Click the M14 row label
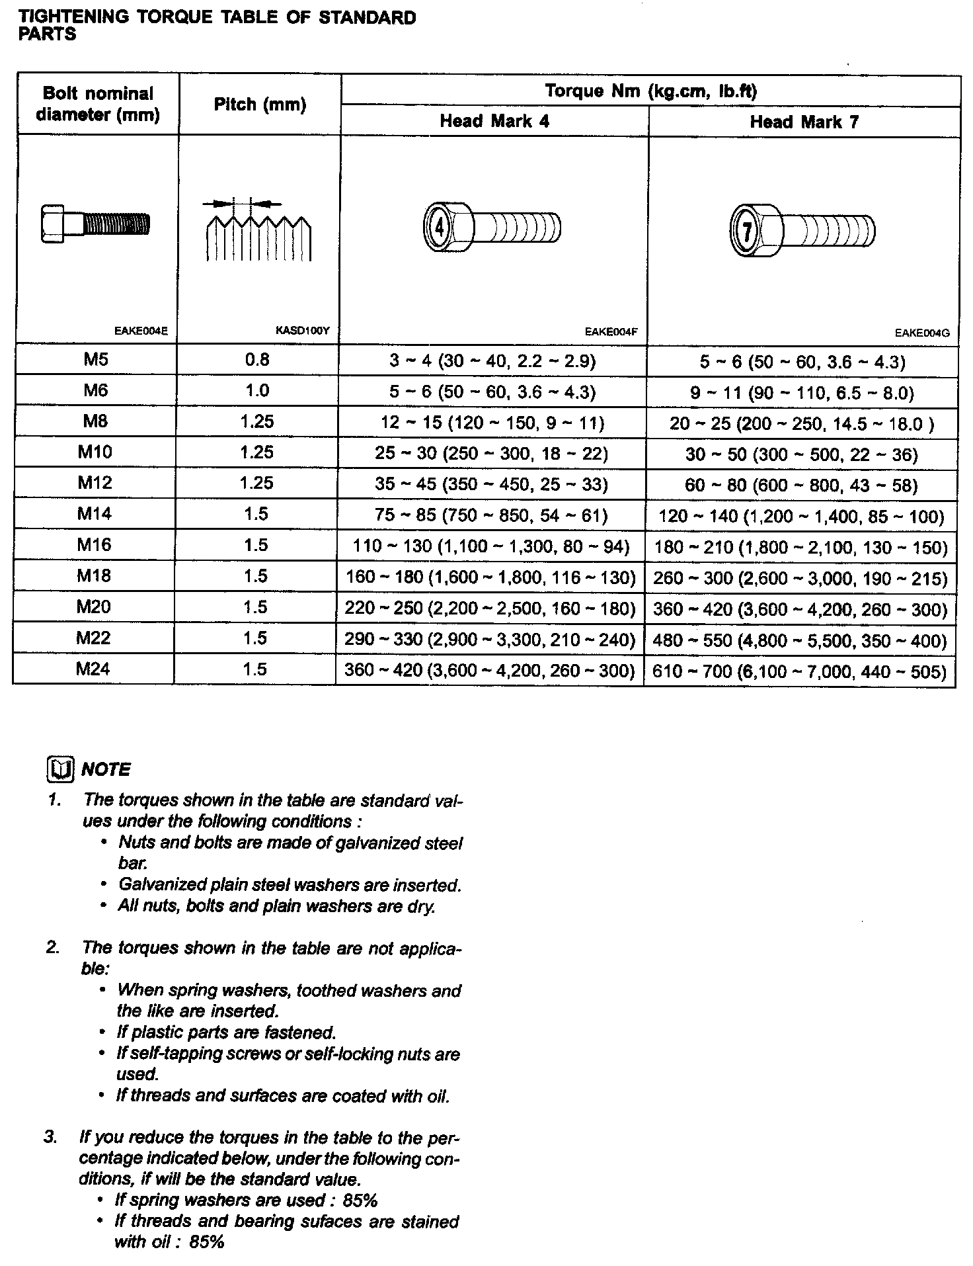pos(95,514)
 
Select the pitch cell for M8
pos(257,421)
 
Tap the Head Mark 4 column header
pos(494,121)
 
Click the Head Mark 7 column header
pos(804,122)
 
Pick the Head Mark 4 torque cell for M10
pos(491,453)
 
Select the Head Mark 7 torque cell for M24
pos(800,671)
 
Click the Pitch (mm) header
pos(260,105)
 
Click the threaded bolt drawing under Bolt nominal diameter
pos(95,224)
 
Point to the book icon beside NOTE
pos(61,769)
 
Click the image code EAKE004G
pos(922,333)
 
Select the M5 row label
pos(95,359)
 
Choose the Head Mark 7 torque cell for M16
pos(800,547)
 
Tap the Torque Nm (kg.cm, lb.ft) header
pos(650,91)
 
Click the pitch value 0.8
pos(257,359)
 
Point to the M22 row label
pos(93,638)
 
